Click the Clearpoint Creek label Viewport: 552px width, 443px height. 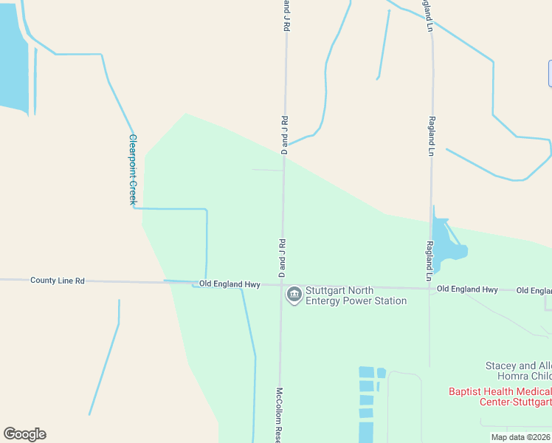point(133,169)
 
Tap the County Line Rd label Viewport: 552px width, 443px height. point(58,281)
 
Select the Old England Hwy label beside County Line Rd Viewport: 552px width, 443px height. point(229,284)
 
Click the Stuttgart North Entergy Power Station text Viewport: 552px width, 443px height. point(356,295)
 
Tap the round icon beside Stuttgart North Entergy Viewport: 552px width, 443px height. point(294,295)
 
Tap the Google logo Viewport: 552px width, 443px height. point(24,433)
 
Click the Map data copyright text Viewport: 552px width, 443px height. point(520,437)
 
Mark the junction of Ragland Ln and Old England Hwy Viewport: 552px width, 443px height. point(430,289)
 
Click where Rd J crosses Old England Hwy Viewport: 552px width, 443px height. point(281,286)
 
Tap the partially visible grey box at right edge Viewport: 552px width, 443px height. point(550,73)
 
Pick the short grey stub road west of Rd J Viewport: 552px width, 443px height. point(266,170)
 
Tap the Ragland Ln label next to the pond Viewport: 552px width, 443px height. point(429,260)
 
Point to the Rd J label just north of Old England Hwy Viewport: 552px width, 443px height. point(281,258)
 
